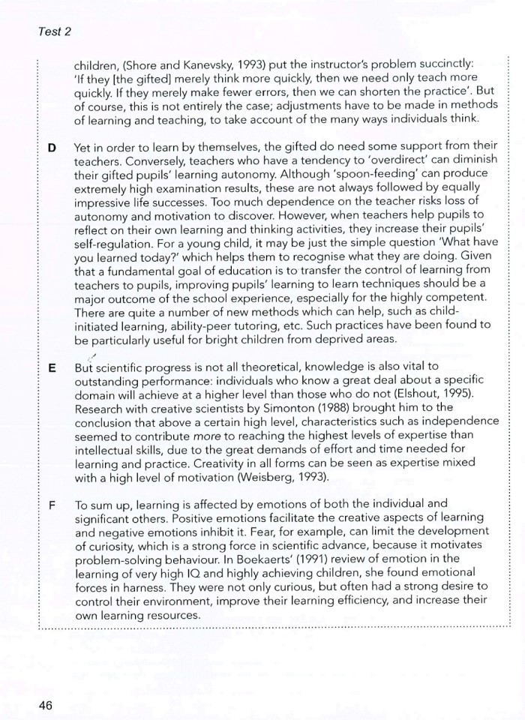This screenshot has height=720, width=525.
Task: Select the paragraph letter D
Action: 51,148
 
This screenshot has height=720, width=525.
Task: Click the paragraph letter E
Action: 51,368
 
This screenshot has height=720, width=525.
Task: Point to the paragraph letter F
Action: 51,503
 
